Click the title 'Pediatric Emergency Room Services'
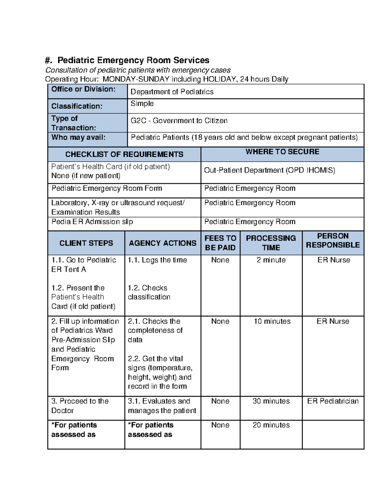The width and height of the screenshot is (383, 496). pos(133,60)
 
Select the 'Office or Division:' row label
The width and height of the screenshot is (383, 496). pos(83,89)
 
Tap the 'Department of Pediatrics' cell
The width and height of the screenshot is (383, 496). pos(172,92)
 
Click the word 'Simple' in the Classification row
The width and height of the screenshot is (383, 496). pos(142,103)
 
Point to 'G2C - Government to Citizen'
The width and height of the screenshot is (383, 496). pos(179,121)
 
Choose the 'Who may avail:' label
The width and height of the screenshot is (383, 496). pos(79,137)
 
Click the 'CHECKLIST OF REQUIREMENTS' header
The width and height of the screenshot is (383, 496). pos(124,155)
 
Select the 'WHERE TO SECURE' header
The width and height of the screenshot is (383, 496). pos(282,152)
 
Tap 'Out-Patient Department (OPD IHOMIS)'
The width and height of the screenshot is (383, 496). pos(270,170)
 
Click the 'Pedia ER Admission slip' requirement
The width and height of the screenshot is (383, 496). pos(92,222)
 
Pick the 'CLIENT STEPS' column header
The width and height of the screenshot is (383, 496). pos(86,243)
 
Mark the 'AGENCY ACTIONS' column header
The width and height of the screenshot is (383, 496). pos(162,243)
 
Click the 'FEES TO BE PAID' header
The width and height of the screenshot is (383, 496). pos(220,243)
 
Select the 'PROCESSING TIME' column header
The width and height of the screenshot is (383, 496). pos(271,243)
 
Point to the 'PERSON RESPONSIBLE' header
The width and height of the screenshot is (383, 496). pos(333,240)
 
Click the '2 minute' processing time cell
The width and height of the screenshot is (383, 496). pos(271,260)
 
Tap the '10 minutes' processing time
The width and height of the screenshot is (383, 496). pos(272,321)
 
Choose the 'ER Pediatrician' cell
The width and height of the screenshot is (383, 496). pos(333,401)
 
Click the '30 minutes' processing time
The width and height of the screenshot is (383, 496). pos(271,401)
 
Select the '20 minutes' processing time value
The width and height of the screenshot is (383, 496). pos(271,425)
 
